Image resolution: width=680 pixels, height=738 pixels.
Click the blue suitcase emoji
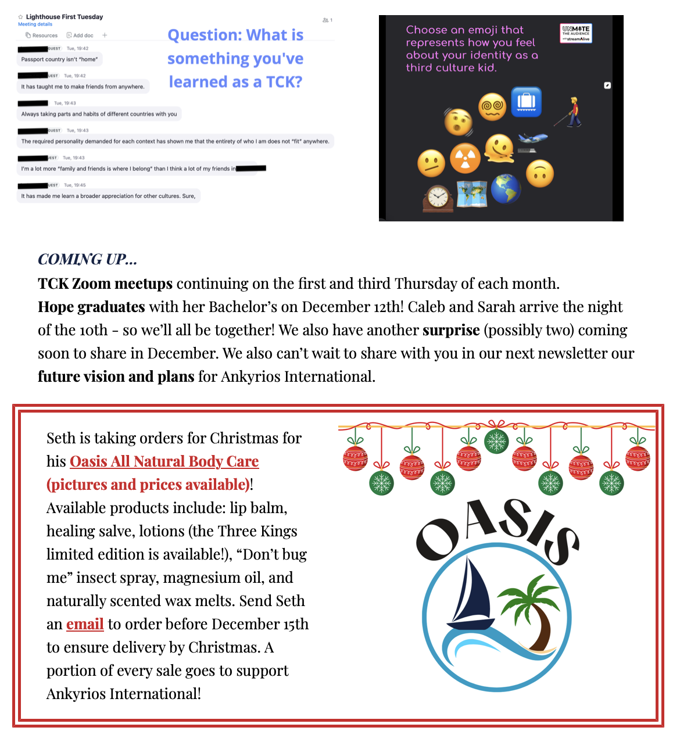526,102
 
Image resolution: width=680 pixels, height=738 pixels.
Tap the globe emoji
506,188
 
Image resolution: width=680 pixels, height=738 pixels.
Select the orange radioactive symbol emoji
465,158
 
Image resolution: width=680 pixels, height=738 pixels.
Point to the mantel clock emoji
438,198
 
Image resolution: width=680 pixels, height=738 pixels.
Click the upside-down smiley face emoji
540,173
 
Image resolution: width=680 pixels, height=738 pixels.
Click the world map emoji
472,194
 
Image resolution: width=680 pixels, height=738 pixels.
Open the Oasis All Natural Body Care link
164,461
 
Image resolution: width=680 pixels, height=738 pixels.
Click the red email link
85,624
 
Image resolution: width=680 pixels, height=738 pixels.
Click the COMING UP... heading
87,259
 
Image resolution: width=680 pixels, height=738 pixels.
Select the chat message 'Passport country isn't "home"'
59,59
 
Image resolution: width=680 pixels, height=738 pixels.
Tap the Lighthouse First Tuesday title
65,17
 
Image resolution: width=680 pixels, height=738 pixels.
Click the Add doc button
80,35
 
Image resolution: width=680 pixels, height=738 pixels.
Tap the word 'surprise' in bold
451,330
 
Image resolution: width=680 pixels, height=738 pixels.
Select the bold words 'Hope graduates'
91,307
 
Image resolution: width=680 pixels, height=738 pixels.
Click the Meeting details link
35,24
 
